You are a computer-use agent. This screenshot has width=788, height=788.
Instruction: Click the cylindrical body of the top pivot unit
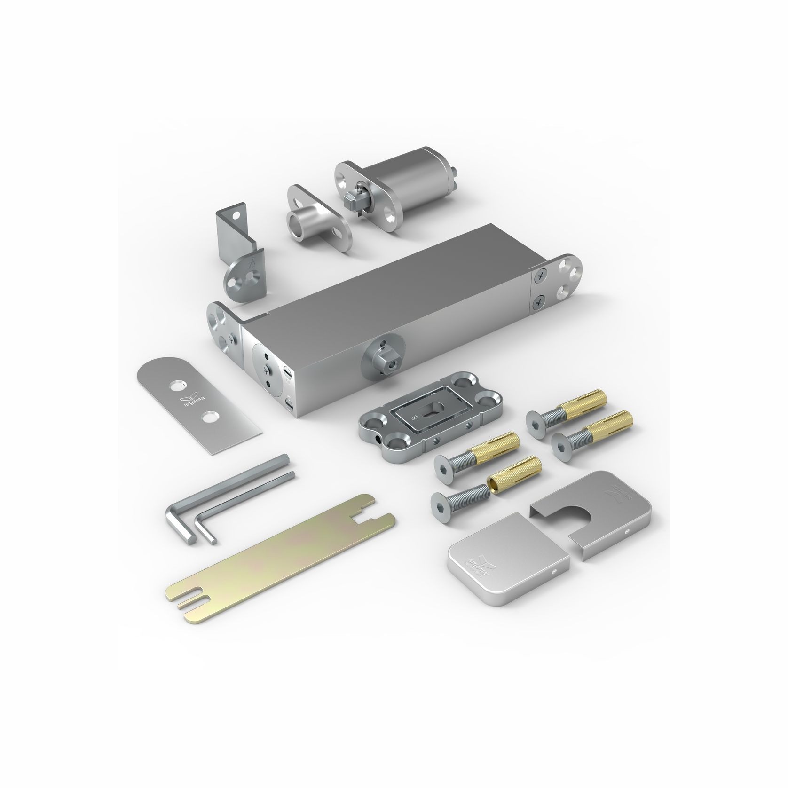(x=414, y=181)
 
